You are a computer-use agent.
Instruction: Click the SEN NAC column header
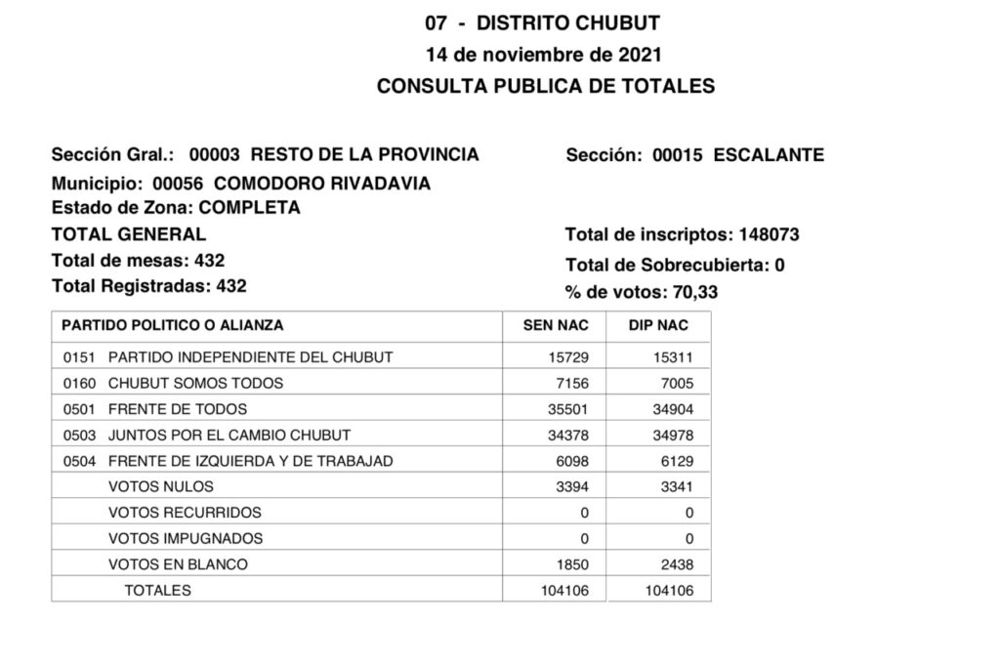[x=554, y=325]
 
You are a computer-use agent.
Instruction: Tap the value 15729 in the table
[x=568, y=357]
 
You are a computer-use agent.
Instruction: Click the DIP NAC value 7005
[x=675, y=383]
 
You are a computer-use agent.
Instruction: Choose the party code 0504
[x=78, y=461]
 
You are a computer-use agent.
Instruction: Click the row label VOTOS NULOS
[x=160, y=486]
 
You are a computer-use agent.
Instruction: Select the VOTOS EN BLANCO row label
[x=178, y=564]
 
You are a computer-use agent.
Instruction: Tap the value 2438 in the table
[x=675, y=564]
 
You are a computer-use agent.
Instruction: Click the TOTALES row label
[x=157, y=590]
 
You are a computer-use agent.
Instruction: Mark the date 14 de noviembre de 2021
[x=545, y=55]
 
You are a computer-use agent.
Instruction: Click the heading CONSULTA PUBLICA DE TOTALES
[x=545, y=86]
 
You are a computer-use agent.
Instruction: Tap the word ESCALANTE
[x=769, y=154]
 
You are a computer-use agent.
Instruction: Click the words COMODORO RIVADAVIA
[x=321, y=184]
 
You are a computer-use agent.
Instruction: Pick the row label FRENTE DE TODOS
[x=177, y=409]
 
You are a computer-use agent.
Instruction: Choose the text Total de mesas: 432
[x=138, y=261]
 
